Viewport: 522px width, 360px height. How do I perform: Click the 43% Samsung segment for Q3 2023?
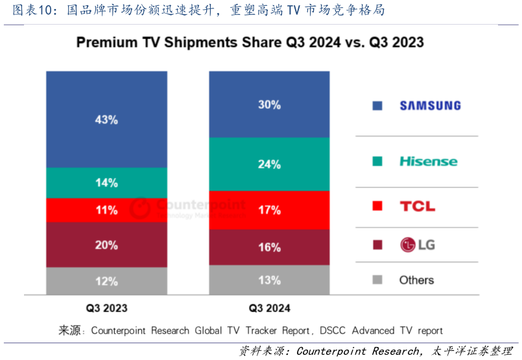click(106, 119)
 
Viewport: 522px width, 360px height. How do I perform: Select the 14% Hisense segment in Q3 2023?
click(106, 183)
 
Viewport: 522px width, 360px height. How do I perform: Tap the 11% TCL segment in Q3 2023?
click(106, 210)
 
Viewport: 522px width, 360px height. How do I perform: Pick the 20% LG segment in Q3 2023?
click(106, 245)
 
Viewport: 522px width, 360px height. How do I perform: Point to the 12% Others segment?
click(106, 282)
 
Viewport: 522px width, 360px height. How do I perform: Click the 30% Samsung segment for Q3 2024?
click(269, 104)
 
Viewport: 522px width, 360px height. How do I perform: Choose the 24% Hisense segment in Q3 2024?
click(269, 164)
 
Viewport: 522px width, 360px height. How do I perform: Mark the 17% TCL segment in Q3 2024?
click(269, 210)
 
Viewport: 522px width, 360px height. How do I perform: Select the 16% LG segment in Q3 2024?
click(269, 247)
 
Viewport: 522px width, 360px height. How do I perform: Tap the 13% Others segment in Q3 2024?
click(269, 280)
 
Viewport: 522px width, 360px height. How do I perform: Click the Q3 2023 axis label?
click(106, 308)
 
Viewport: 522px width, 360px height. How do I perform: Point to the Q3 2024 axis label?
click(269, 308)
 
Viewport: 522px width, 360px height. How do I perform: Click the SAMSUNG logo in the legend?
click(430, 106)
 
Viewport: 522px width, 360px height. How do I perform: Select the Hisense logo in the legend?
click(428, 161)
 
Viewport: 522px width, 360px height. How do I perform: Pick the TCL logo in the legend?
click(417, 206)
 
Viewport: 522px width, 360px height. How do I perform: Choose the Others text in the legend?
click(416, 280)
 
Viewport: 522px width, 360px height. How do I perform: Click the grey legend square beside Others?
click(377, 280)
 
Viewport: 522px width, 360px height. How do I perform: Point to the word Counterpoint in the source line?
click(119, 331)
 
